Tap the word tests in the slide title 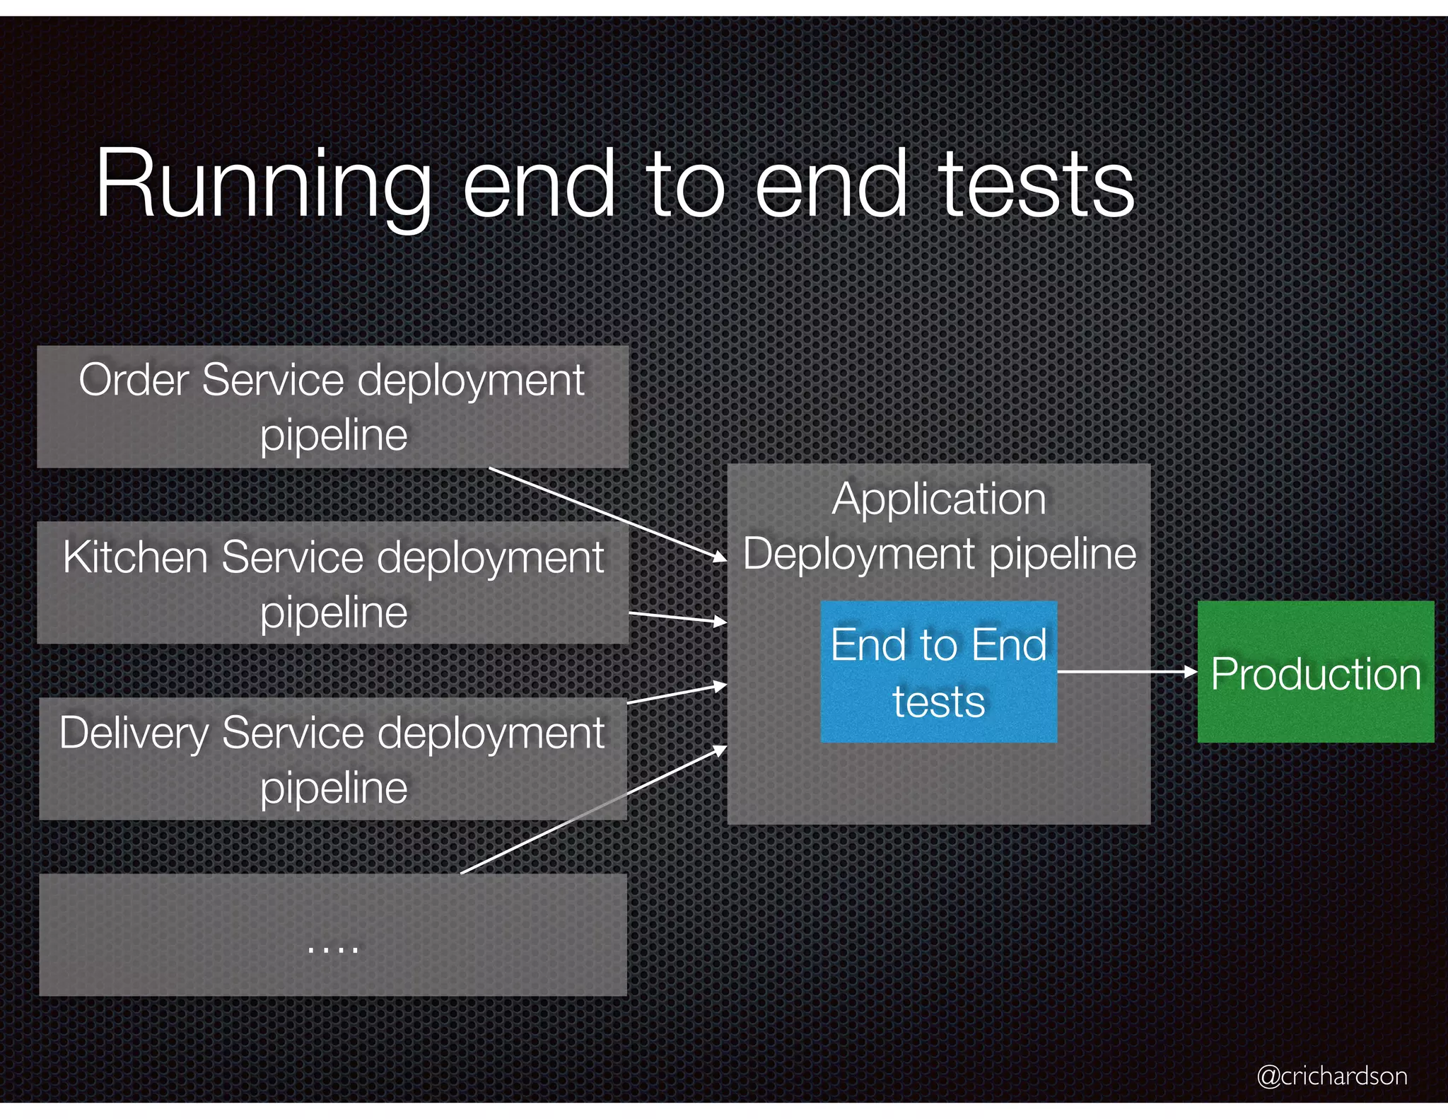[1036, 185]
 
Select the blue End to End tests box [938, 671]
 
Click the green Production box [1315, 673]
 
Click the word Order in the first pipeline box [134, 381]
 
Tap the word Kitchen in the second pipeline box [136, 557]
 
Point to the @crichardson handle [1331, 1075]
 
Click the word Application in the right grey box [938, 499]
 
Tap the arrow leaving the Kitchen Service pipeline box [677, 618]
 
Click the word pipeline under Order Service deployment [334, 435]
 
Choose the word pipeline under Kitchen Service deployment [334, 612]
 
